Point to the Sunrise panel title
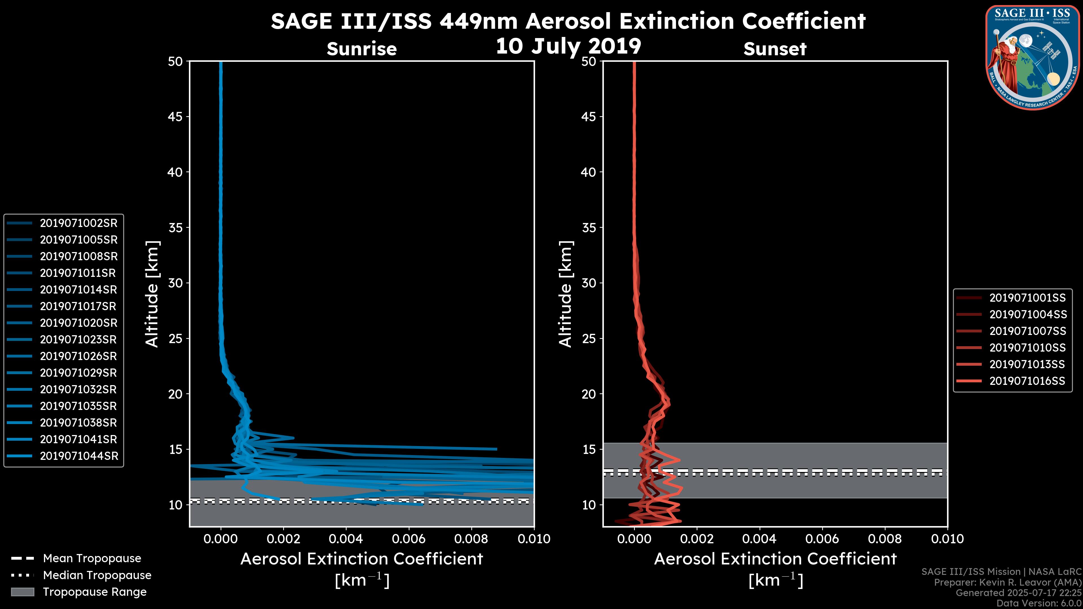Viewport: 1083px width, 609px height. [x=362, y=49]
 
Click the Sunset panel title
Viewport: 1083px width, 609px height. [x=775, y=49]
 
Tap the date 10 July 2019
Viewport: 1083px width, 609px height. [x=568, y=46]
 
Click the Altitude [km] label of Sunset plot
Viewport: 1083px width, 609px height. [x=565, y=294]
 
